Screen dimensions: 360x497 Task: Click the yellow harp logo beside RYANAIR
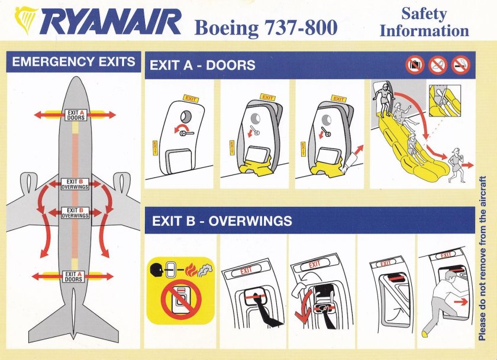[25, 21]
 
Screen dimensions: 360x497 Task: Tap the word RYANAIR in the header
[112, 24]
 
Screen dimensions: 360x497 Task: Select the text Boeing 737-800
[266, 27]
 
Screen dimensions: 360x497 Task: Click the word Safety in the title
[424, 12]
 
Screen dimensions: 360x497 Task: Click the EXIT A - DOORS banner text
[202, 64]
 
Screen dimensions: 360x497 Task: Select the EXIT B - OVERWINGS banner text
[222, 221]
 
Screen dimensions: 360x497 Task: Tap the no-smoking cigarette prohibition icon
[461, 64]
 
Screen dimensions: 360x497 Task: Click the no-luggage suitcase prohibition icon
[415, 64]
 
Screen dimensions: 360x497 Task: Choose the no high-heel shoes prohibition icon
[438, 64]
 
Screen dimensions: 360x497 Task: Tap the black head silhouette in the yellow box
[158, 272]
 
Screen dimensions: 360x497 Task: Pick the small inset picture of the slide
[443, 100]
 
